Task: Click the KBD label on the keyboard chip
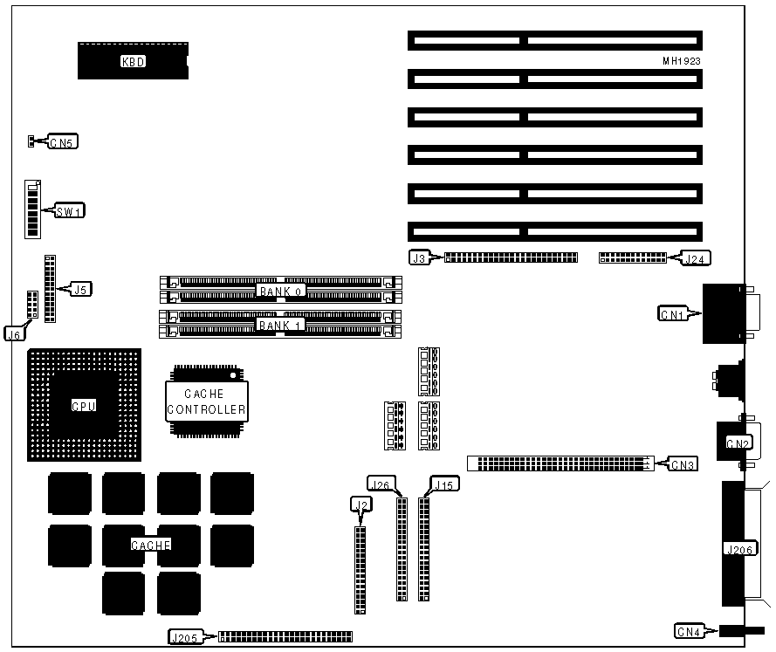coord(133,61)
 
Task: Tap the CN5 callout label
coord(61,142)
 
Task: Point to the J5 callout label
coord(81,289)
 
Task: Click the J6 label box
coord(15,333)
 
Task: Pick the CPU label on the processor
coord(83,406)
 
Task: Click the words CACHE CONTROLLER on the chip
coord(205,401)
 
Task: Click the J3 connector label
coord(419,257)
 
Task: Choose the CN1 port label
coord(672,312)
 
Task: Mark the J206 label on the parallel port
coord(738,550)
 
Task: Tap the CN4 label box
coord(689,630)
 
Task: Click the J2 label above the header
coord(359,504)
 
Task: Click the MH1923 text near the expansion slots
coord(682,62)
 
